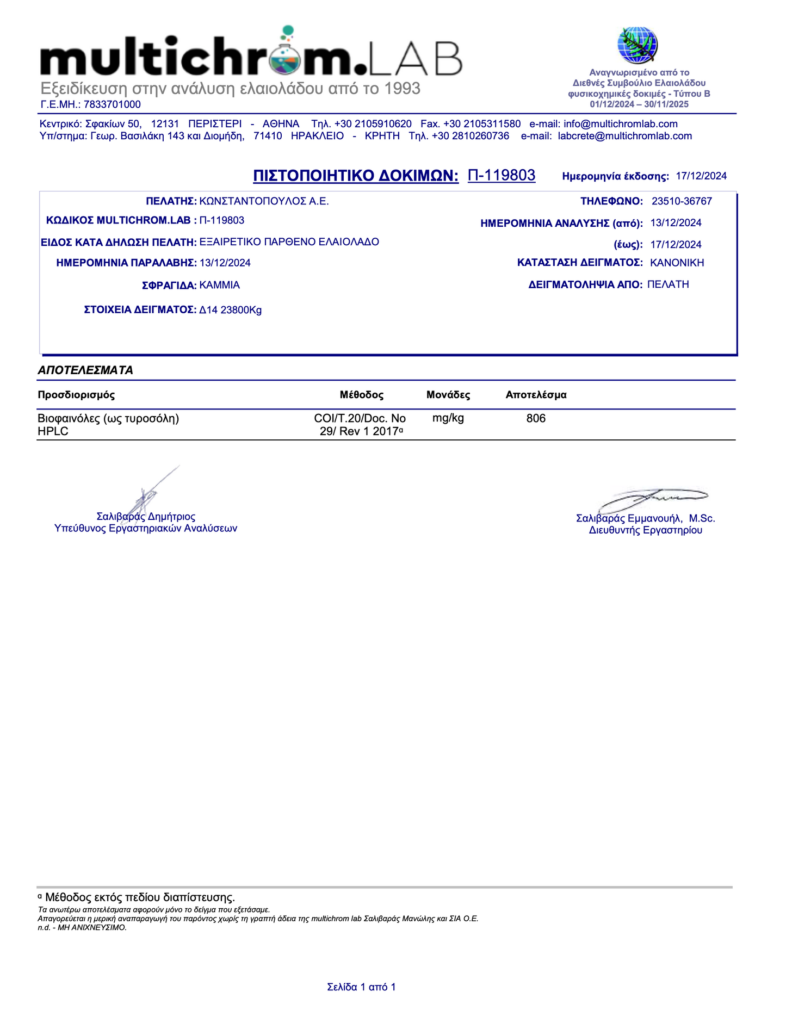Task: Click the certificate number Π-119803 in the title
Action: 502,175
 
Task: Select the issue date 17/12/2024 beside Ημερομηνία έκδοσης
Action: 701,176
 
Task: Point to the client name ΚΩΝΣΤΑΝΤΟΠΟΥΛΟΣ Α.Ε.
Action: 264,201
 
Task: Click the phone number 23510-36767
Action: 682,201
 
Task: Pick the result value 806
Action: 536,418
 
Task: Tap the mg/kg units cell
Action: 448,418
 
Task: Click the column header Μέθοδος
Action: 362,395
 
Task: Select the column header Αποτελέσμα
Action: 536,395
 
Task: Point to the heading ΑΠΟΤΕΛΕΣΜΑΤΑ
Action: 85,370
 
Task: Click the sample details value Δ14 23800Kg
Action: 231,310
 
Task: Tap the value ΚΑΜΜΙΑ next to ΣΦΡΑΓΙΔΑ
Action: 220,285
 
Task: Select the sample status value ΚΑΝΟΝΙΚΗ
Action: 677,263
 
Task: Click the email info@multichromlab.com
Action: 621,124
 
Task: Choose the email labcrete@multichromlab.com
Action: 625,136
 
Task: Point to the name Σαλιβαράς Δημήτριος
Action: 146,517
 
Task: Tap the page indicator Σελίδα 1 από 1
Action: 361,987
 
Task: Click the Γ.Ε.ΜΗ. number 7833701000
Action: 112,104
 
